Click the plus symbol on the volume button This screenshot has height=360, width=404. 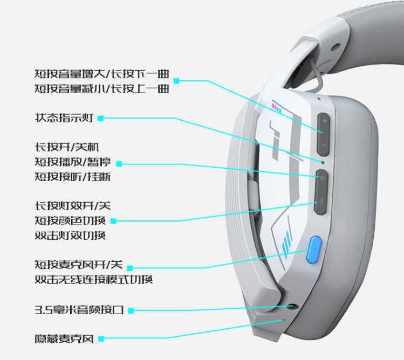click(325, 120)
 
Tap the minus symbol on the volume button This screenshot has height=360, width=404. click(324, 146)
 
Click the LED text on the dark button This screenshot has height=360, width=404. click(321, 202)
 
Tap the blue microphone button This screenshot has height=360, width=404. click(314, 250)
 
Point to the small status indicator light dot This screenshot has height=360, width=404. click(323, 162)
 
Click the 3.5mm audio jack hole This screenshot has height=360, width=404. click(292, 307)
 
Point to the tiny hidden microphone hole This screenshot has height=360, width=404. click(284, 320)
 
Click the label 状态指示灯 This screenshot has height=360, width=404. click(64, 118)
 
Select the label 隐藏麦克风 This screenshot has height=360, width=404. click(64, 338)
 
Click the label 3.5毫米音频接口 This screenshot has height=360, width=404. click(79, 310)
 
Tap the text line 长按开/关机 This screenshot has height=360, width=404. click(67, 147)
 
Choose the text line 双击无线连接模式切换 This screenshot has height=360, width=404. click(94, 279)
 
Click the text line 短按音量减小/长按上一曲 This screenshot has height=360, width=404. click(102, 89)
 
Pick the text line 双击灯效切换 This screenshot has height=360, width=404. click(70, 236)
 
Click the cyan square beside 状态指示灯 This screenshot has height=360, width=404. click(101, 119)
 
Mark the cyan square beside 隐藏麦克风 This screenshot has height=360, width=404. click(101, 339)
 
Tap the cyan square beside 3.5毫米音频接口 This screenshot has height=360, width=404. click(131, 310)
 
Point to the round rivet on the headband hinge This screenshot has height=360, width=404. click(335, 47)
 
